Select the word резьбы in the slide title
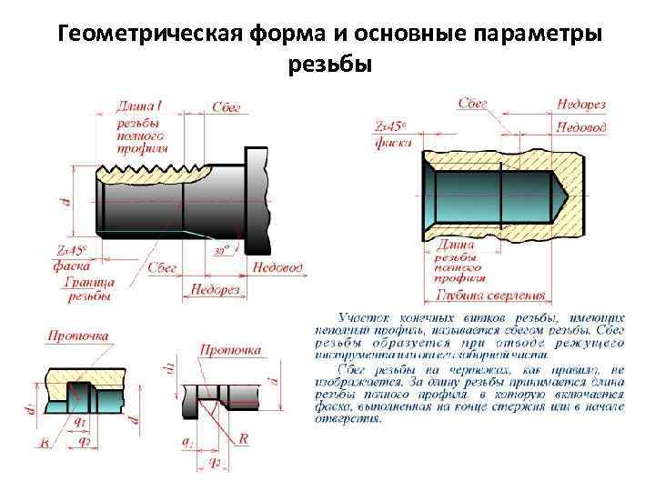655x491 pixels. (329, 65)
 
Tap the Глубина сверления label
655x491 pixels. (490, 295)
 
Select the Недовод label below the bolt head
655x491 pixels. (277, 268)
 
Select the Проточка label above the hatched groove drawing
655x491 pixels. (77, 336)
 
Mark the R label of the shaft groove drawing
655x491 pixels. (243, 438)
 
